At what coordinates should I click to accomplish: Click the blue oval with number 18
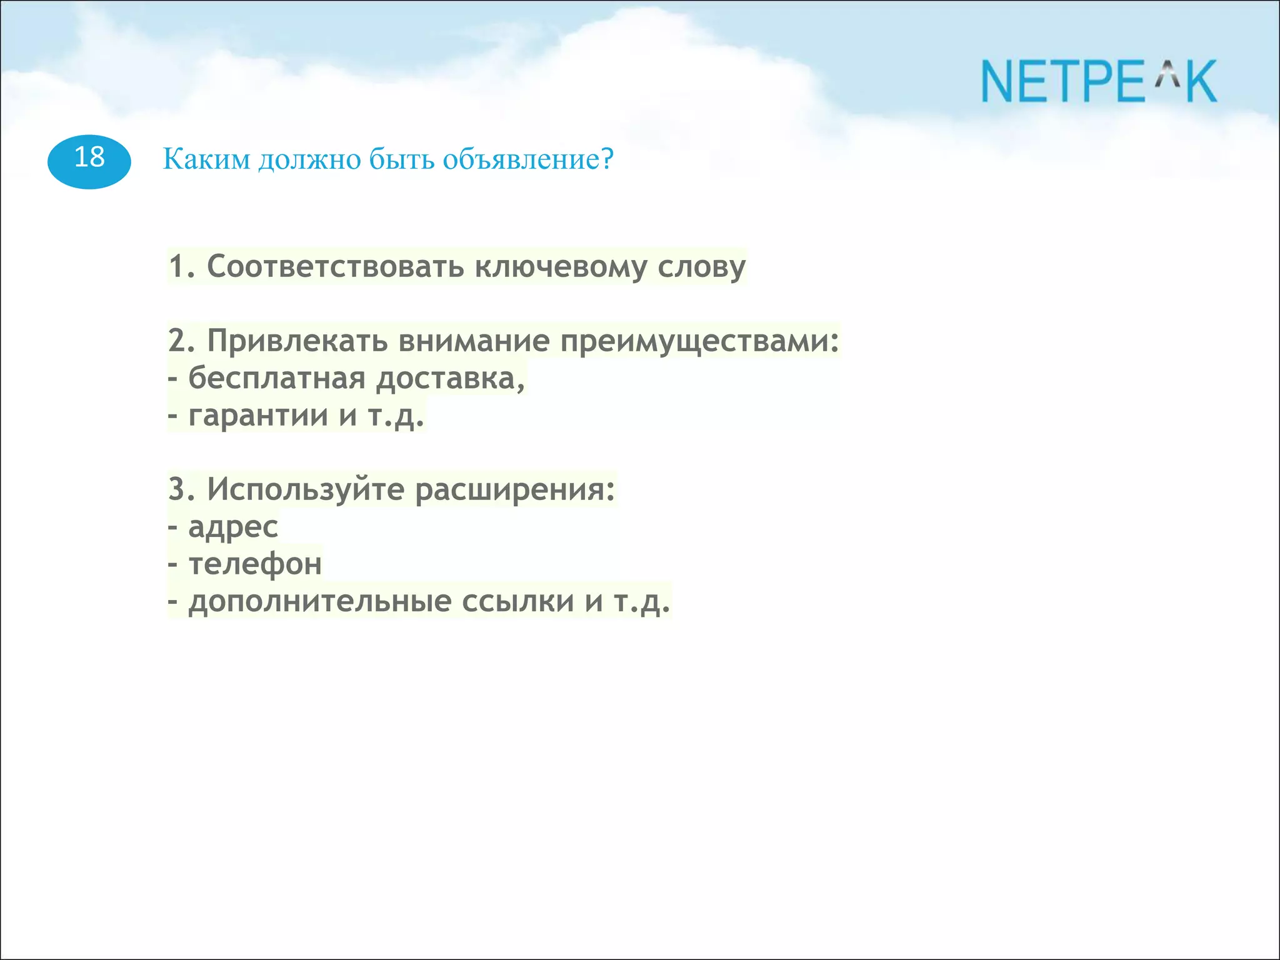[89, 161]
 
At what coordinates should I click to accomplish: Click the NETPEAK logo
[1099, 82]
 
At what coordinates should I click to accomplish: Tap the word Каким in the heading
[206, 159]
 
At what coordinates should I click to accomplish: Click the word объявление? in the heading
[528, 159]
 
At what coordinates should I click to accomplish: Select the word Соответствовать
[335, 266]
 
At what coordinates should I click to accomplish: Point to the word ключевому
[561, 267]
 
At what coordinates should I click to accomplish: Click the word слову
[701, 267]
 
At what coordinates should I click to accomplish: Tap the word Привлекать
[297, 341]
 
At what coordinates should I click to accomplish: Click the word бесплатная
[276, 378]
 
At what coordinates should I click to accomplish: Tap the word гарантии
[258, 416]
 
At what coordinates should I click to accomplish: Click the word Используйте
[306, 489]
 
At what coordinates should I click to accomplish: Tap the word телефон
[255, 564]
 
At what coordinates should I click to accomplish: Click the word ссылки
[517, 602]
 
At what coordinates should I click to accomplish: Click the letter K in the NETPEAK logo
[1201, 82]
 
